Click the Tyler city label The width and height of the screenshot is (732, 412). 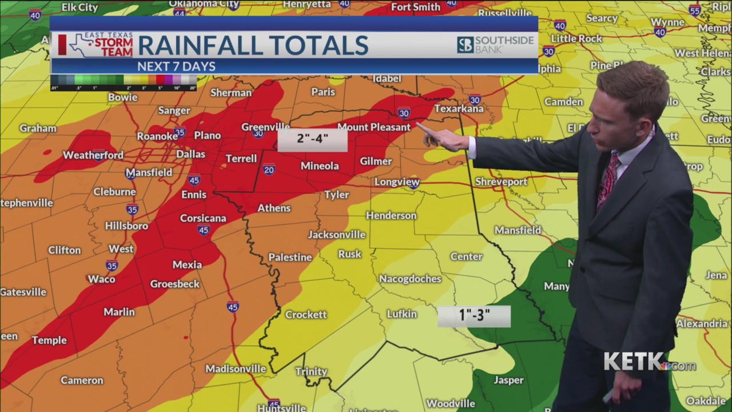[336, 195]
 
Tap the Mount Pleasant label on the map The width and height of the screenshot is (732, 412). [374, 127]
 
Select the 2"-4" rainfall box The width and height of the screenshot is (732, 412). [312, 140]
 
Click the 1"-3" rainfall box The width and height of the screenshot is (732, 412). [474, 316]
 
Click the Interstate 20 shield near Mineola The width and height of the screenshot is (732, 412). [269, 169]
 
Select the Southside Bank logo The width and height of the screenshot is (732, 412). [495, 45]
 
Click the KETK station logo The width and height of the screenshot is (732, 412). [649, 362]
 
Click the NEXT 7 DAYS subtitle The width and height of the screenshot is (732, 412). [176, 66]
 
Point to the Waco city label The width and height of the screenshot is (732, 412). [101, 279]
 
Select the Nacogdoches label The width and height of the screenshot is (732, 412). [410, 279]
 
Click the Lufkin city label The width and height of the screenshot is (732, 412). [401, 314]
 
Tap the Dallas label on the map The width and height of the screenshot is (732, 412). [190, 154]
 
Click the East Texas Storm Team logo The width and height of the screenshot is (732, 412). [96, 45]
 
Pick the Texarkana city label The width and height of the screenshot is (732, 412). [459, 108]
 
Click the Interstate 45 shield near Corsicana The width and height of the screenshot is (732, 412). [203, 230]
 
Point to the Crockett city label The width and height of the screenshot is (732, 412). [306, 314]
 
